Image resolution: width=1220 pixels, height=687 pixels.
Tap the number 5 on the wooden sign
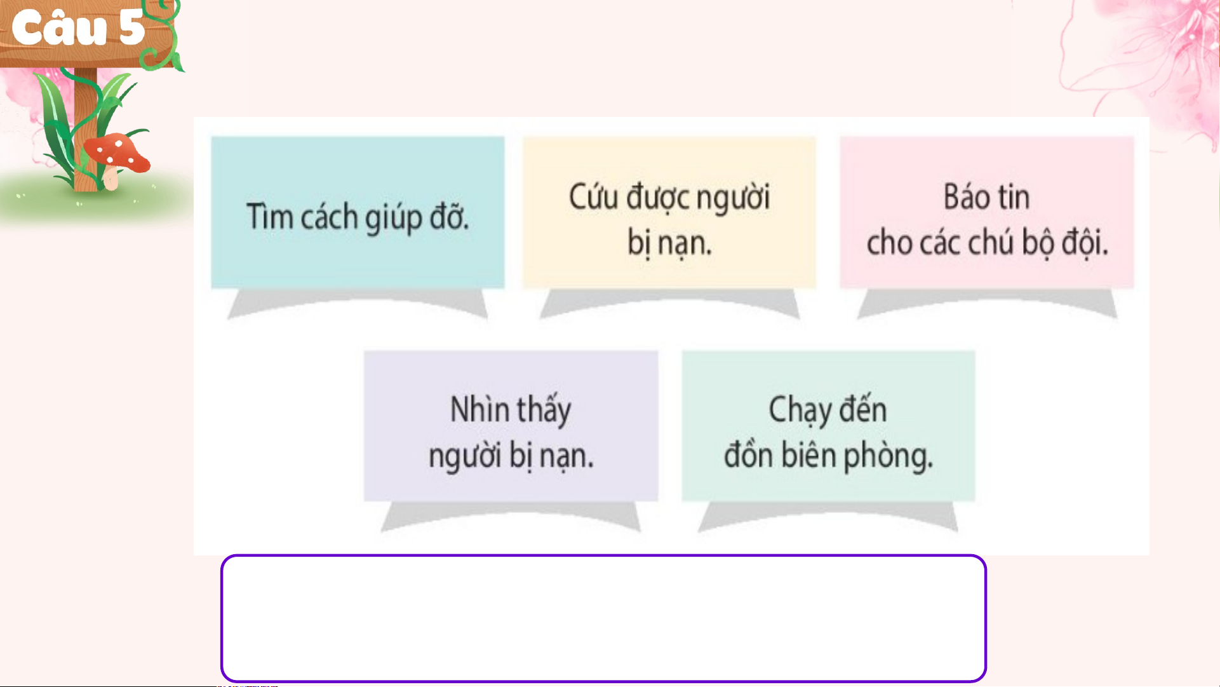[131, 28]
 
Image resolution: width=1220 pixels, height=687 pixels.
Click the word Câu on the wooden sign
[60, 28]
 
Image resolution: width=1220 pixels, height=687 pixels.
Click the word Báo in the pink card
[965, 196]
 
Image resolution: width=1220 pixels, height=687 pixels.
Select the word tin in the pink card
[1013, 196]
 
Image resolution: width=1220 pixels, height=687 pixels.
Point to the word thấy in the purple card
[545, 410]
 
